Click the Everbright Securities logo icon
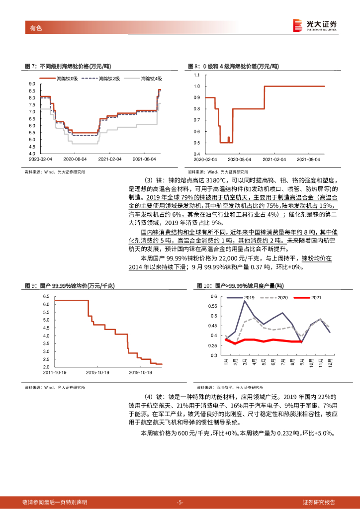point(297,25)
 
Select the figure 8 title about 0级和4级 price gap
point(234,66)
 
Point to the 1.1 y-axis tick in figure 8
point(196,75)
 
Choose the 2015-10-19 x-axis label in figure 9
point(98,371)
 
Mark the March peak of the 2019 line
point(245,301)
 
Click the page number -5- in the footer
point(180,502)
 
